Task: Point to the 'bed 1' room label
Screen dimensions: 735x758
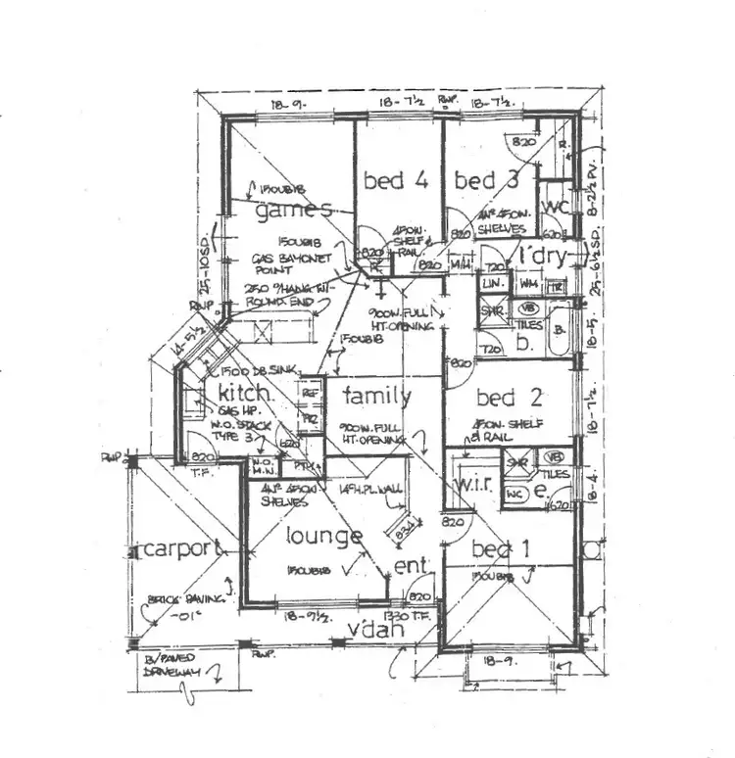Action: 501,549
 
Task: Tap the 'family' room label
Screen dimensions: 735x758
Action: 377,397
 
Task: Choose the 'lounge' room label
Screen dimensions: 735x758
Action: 323,537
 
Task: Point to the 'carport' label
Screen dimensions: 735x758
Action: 177,549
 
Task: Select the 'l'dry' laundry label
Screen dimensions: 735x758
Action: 544,257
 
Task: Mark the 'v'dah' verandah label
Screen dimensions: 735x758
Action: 376,631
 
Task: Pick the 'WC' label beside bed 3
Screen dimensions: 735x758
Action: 556,207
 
